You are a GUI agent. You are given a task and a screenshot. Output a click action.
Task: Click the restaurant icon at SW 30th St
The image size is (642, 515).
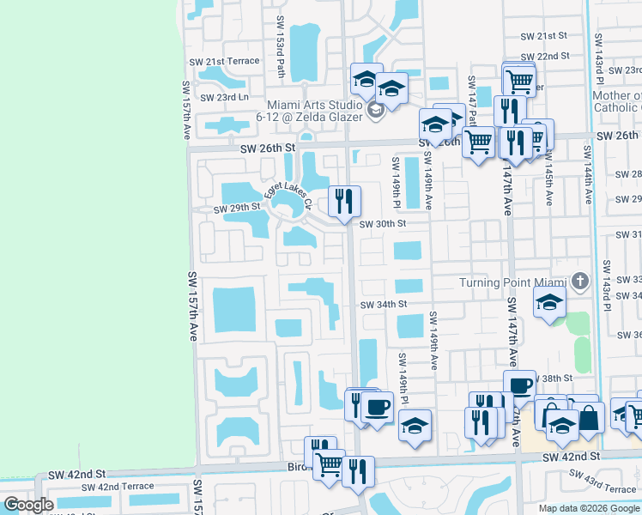pos(345,202)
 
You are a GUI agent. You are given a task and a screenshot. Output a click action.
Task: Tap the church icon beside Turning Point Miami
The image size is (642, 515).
pos(580,282)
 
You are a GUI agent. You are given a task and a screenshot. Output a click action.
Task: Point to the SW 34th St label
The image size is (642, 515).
pos(383,305)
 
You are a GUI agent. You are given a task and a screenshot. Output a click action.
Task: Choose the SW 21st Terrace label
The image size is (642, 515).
pos(231,61)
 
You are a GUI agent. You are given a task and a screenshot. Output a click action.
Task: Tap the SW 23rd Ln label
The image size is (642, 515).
pos(224,97)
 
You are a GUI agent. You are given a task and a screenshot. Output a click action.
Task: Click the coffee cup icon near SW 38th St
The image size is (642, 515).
pos(520,385)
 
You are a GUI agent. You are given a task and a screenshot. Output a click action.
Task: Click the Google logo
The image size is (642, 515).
pos(28,505)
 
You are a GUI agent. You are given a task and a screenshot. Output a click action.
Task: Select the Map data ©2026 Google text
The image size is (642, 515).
pos(587,507)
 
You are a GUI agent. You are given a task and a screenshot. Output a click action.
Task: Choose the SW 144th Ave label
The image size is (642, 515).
pos(588,175)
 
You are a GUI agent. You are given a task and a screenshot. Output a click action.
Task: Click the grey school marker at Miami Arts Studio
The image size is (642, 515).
pos(374,111)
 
